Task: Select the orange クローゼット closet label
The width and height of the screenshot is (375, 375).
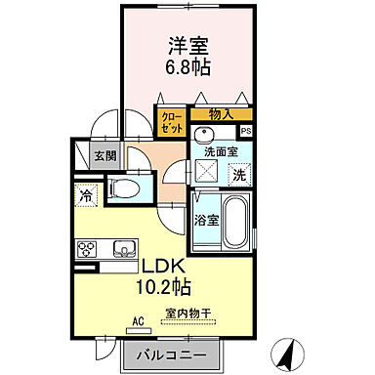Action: point(170,123)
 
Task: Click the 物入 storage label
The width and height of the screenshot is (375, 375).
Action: point(221,115)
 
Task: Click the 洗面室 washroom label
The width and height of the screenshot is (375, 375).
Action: point(222,152)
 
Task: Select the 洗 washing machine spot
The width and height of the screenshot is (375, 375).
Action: point(239,176)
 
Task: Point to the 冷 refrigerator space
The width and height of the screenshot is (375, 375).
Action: point(87,194)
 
